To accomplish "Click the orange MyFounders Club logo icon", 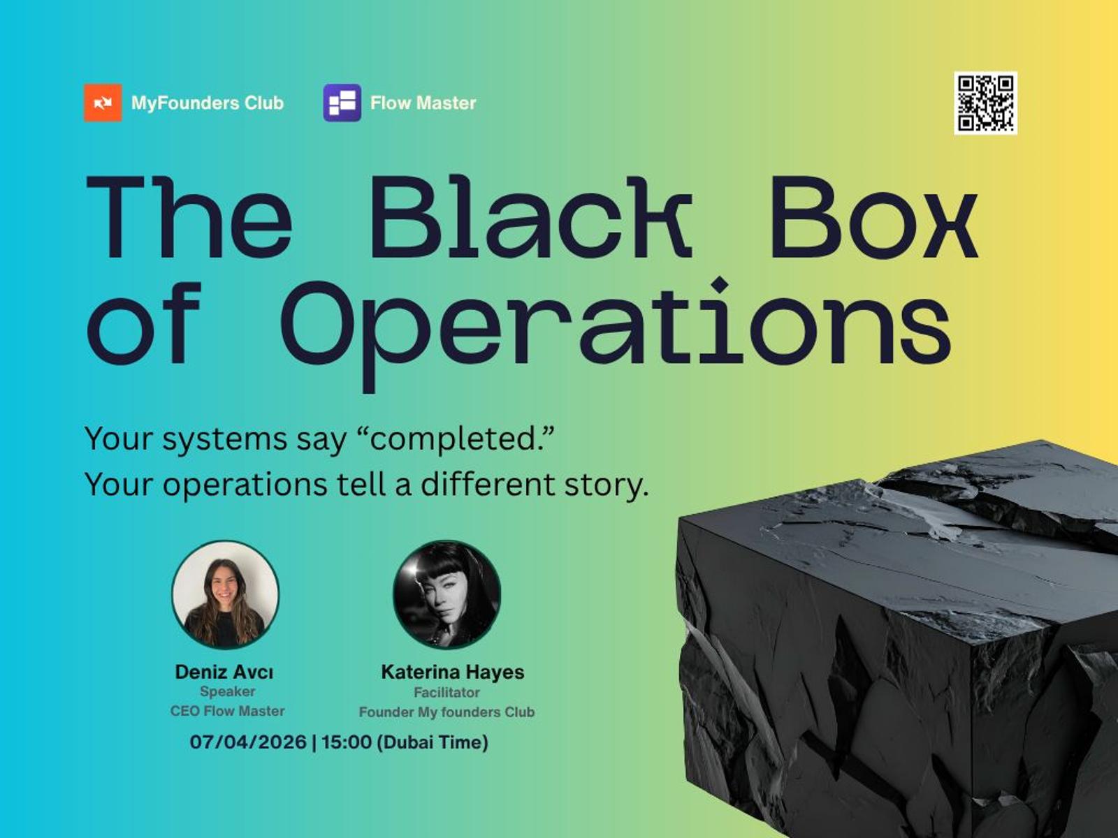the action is [x=103, y=103].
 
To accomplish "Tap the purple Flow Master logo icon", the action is [x=342, y=103].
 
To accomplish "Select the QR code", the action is [x=985, y=103].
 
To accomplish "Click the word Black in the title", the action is [x=531, y=217].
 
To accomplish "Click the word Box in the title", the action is [x=874, y=217].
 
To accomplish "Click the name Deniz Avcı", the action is [x=224, y=672].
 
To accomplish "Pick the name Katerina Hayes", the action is [x=453, y=672].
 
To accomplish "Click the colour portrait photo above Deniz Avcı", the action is [x=226, y=594].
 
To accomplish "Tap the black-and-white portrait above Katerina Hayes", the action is [x=447, y=594].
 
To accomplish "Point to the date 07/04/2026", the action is [x=248, y=742].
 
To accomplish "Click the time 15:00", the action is [x=347, y=742].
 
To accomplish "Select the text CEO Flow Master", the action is [x=227, y=711].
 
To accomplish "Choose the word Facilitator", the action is [x=447, y=693].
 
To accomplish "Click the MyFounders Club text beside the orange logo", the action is [x=208, y=103].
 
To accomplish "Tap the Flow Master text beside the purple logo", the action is [x=423, y=103].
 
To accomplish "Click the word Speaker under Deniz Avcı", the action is [x=228, y=692].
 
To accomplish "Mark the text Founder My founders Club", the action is [x=447, y=712].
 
